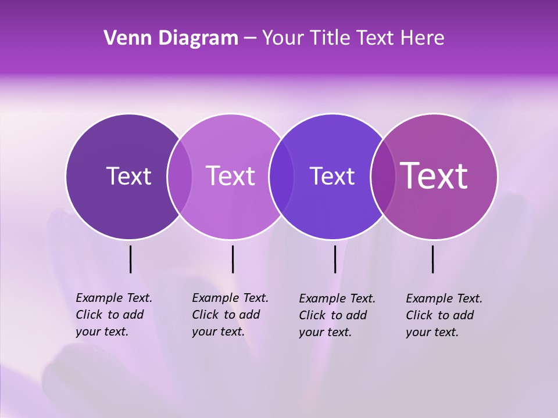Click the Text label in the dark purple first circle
coord(128,176)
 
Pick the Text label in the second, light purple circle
coord(230,176)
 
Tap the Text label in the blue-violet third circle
coord(332,176)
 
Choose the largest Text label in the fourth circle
coord(434,176)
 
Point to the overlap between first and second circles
coord(180,176)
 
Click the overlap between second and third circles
coord(281,176)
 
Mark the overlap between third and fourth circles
coord(382,176)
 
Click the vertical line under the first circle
coord(130,259)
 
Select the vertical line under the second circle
coord(233,259)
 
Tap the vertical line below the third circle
coord(335,259)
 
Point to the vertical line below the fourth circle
coord(432,259)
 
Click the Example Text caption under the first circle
coord(113,315)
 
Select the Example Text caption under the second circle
coord(230,315)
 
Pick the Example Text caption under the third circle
coord(337,315)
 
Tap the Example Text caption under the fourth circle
coord(443,315)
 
